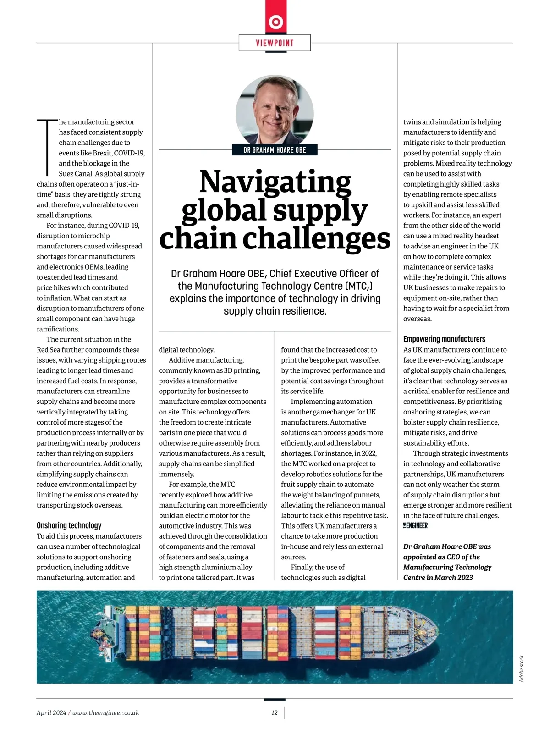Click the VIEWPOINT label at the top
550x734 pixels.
pyautogui.click(x=275, y=43)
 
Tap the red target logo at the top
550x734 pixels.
pyautogui.click(x=275, y=22)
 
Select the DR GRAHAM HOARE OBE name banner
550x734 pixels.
pyautogui.click(x=275, y=150)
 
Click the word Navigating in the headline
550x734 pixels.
pyautogui.click(x=275, y=182)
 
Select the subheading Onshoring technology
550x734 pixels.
pyautogui.click(x=69, y=525)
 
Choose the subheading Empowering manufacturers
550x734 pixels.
pyautogui.click(x=444, y=339)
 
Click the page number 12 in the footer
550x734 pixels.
pyautogui.click(x=275, y=712)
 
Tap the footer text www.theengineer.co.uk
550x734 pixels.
pyautogui.click(x=105, y=712)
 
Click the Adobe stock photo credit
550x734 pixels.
pyautogui.click(x=522, y=668)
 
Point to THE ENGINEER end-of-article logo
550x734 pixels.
pyautogui.click(x=415, y=525)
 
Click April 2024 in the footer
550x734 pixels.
pyautogui.click(x=51, y=712)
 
